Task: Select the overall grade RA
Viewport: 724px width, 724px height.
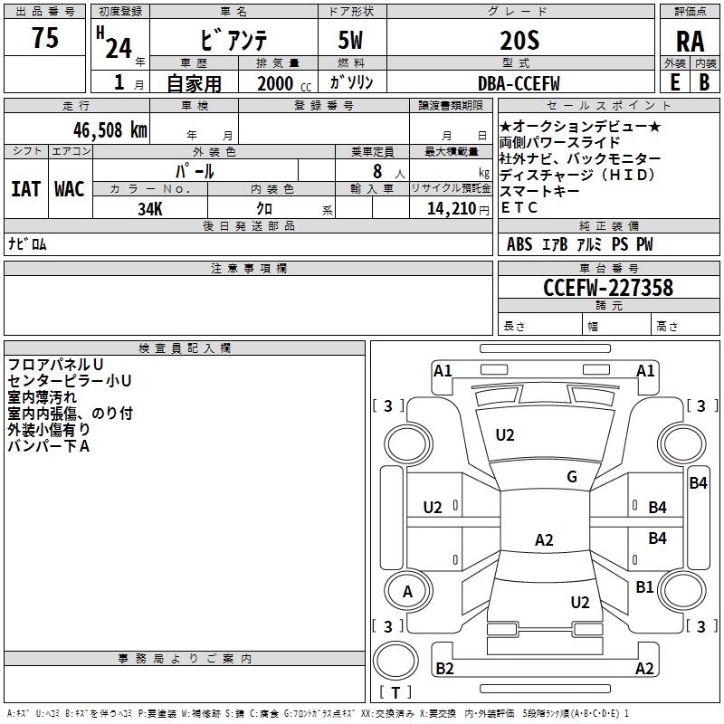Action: click(690, 43)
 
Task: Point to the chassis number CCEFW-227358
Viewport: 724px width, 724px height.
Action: click(608, 288)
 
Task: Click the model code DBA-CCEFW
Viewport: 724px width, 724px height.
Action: click(519, 83)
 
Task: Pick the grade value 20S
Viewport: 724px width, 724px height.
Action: click(519, 41)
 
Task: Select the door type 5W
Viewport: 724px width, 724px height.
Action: click(352, 41)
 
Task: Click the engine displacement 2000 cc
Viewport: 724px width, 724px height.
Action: click(281, 83)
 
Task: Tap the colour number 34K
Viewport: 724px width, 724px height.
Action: click(150, 208)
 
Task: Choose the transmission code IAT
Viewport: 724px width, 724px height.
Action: click(26, 189)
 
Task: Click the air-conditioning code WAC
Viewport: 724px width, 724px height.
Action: click(69, 189)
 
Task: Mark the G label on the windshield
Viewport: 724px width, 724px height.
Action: click(572, 477)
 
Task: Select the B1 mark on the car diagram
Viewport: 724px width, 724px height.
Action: click(644, 587)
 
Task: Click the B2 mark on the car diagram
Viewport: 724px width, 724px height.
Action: click(444, 669)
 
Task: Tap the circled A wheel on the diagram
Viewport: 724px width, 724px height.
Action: click(407, 592)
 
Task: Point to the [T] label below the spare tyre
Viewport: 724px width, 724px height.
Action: click(395, 693)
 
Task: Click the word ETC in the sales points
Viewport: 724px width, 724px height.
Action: click(519, 207)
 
